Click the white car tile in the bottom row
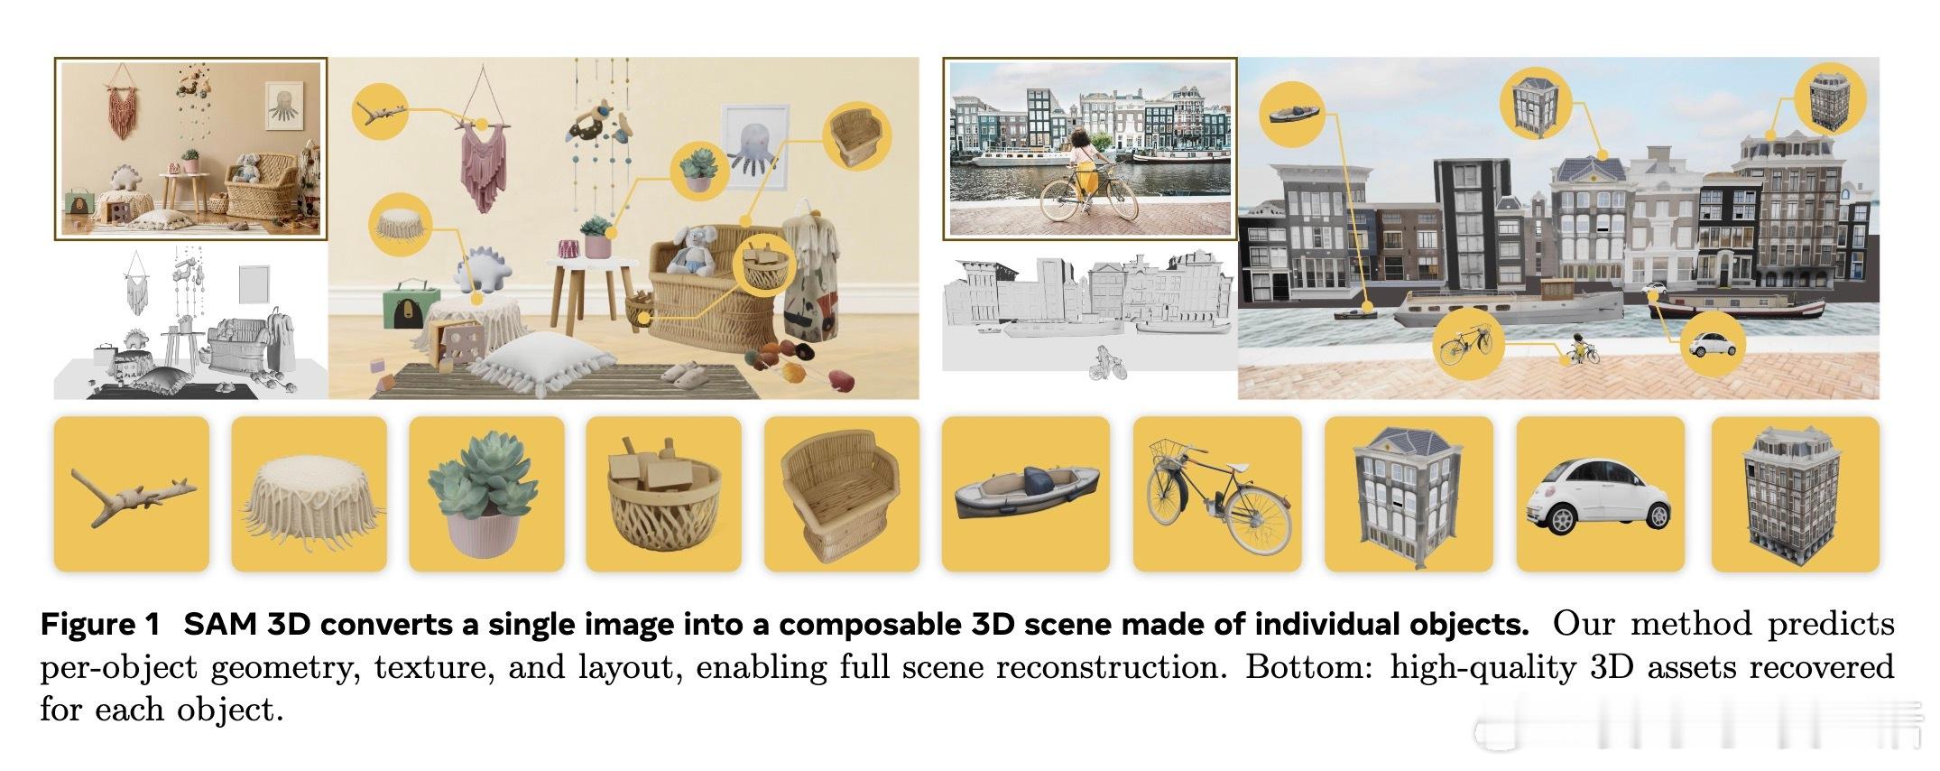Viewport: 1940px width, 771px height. tap(1594, 494)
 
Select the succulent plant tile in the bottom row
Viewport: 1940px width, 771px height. tap(486, 494)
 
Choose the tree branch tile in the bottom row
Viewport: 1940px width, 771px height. tap(132, 494)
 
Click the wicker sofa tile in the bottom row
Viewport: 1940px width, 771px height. tap(842, 494)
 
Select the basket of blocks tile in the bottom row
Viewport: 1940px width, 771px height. tap(664, 494)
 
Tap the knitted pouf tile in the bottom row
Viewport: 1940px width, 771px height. tap(309, 494)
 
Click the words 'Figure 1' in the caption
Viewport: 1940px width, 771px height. tap(100, 625)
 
